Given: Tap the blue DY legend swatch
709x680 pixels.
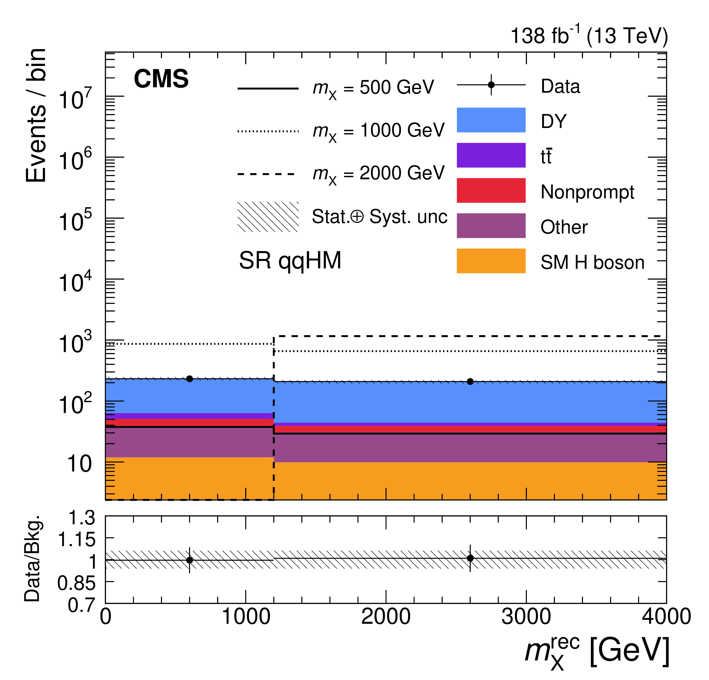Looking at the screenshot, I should tap(491, 120).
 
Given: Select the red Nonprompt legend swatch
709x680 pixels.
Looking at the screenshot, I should tap(491, 190).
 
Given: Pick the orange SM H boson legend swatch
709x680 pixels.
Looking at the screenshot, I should tap(491, 261).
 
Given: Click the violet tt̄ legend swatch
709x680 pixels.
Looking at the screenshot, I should tap(491, 155).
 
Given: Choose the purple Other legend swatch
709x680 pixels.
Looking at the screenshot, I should tap(491, 225).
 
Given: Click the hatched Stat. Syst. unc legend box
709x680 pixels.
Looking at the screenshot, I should tap(268, 217).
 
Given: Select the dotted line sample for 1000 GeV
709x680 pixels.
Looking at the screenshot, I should tap(268, 131).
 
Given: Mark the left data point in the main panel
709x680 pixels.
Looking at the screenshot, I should tap(189, 379).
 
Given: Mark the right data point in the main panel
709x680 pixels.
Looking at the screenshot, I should tap(470, 382).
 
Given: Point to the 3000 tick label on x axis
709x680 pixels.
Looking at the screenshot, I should tap(526, 617).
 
